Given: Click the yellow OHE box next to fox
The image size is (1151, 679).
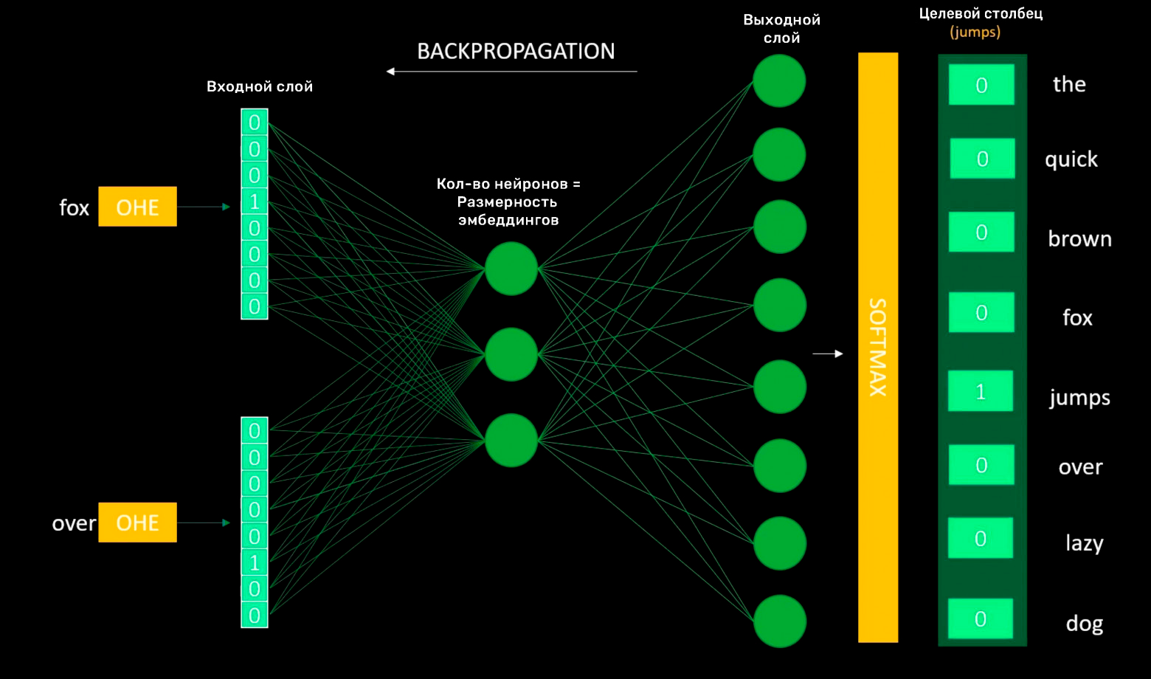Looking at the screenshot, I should point(137,207).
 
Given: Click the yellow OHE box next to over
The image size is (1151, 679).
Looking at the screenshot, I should point(137,523).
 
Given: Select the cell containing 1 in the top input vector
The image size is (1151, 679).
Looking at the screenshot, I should point(255,201).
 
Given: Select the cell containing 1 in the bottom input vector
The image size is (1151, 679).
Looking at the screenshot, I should point(255,562).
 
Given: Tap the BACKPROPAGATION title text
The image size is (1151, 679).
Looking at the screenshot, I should point(516,51).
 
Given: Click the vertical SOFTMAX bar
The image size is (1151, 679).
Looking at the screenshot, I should point(878,347).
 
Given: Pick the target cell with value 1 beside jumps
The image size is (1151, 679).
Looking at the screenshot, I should point(981,391).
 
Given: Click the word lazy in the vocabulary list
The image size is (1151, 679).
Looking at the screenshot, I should point(1084,543).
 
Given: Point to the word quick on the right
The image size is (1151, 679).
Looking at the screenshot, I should point(1071,159).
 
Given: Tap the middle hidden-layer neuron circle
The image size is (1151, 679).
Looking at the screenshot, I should point(511,355).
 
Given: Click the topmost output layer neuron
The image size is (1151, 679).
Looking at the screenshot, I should point(779,81).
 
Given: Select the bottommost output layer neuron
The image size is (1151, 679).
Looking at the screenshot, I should point(780,621).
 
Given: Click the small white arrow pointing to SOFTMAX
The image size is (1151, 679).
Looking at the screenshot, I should point(827,354).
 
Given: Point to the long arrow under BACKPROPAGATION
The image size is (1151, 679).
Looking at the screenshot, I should point(512,72).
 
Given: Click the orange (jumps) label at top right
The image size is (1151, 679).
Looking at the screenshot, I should point(975,32).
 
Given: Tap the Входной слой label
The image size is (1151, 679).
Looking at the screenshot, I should point(260,86).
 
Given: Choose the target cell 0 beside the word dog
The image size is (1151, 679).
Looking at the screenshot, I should point(981,618).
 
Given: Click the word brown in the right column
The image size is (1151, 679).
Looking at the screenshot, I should point(1079,239).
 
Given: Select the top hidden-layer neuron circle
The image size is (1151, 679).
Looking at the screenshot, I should point(511,269).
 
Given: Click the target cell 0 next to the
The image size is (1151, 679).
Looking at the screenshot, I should point(981,85).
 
